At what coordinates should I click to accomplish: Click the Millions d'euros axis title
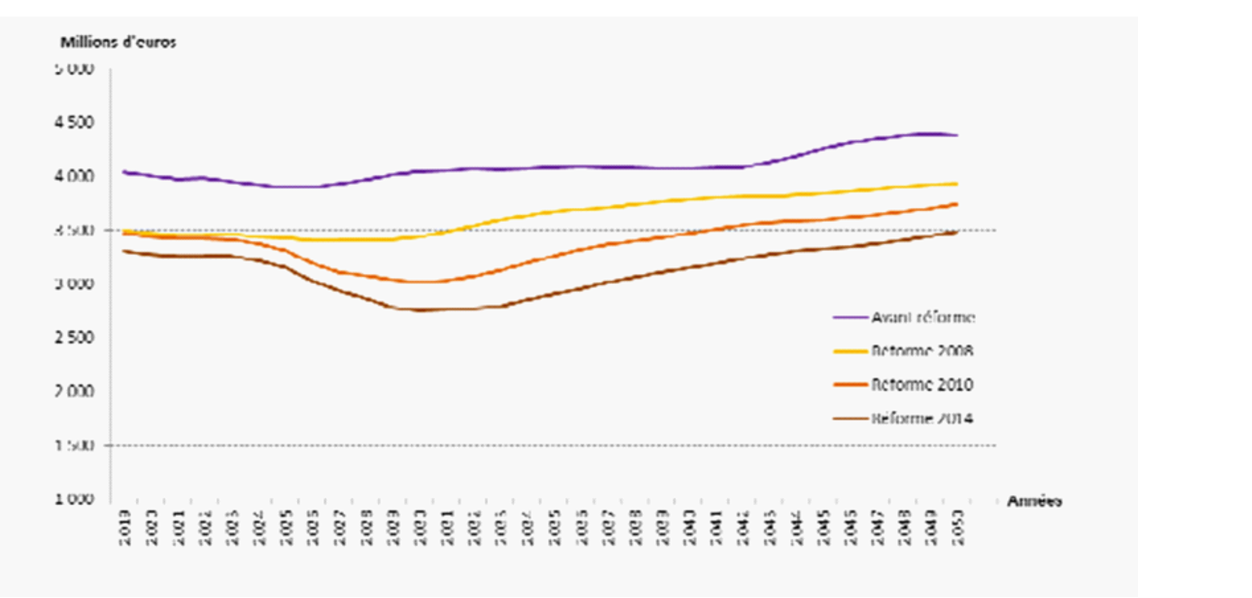118,43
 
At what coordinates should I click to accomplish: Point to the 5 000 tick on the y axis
74,69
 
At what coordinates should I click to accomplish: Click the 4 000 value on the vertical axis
74,176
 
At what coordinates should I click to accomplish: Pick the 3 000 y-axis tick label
74,283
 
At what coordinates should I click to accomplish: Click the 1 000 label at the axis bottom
74,499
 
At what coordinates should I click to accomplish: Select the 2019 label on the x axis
126,528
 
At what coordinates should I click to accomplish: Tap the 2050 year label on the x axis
957,528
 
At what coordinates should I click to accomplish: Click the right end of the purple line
956,135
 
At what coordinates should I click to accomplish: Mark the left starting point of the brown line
125,251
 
